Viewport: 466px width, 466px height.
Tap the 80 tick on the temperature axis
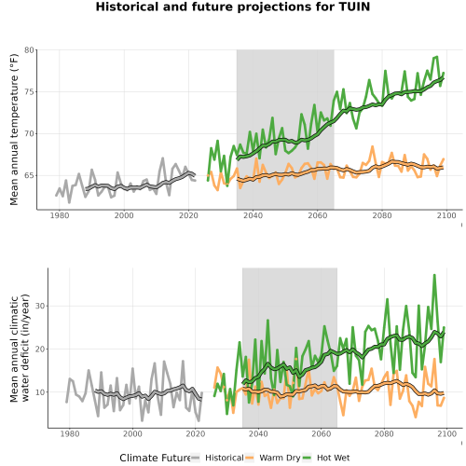29,50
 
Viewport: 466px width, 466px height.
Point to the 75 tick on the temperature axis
29,92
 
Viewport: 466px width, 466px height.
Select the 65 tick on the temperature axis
29,175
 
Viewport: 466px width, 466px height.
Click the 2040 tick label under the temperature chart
253,215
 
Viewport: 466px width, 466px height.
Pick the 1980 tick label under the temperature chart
60,215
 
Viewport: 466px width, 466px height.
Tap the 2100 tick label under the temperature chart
446,215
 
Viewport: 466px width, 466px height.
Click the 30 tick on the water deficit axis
40,306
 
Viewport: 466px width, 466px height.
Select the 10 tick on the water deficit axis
40,392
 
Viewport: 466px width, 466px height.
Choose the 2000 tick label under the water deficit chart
132,433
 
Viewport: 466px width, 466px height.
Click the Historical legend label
225,458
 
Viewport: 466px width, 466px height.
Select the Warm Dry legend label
280,459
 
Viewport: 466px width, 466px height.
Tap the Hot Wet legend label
334,458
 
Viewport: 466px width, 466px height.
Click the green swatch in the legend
307,458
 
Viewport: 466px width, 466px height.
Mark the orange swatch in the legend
250,458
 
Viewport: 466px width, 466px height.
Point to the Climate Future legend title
155,458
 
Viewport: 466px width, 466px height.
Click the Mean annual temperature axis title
14,130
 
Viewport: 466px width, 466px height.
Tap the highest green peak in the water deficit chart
434,275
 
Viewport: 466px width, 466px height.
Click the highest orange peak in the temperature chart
373,147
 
